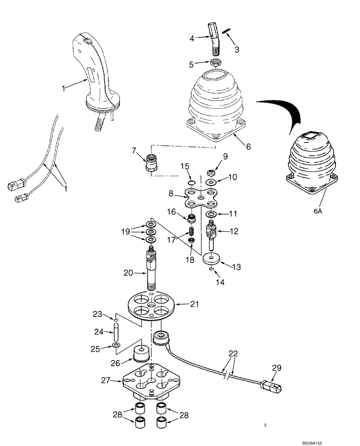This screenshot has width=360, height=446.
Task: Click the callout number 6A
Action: [317, 212]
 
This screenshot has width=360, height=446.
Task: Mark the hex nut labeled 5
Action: [217, 64]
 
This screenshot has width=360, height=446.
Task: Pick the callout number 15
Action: [185, 166]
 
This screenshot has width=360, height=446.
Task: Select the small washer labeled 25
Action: [116, 346]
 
